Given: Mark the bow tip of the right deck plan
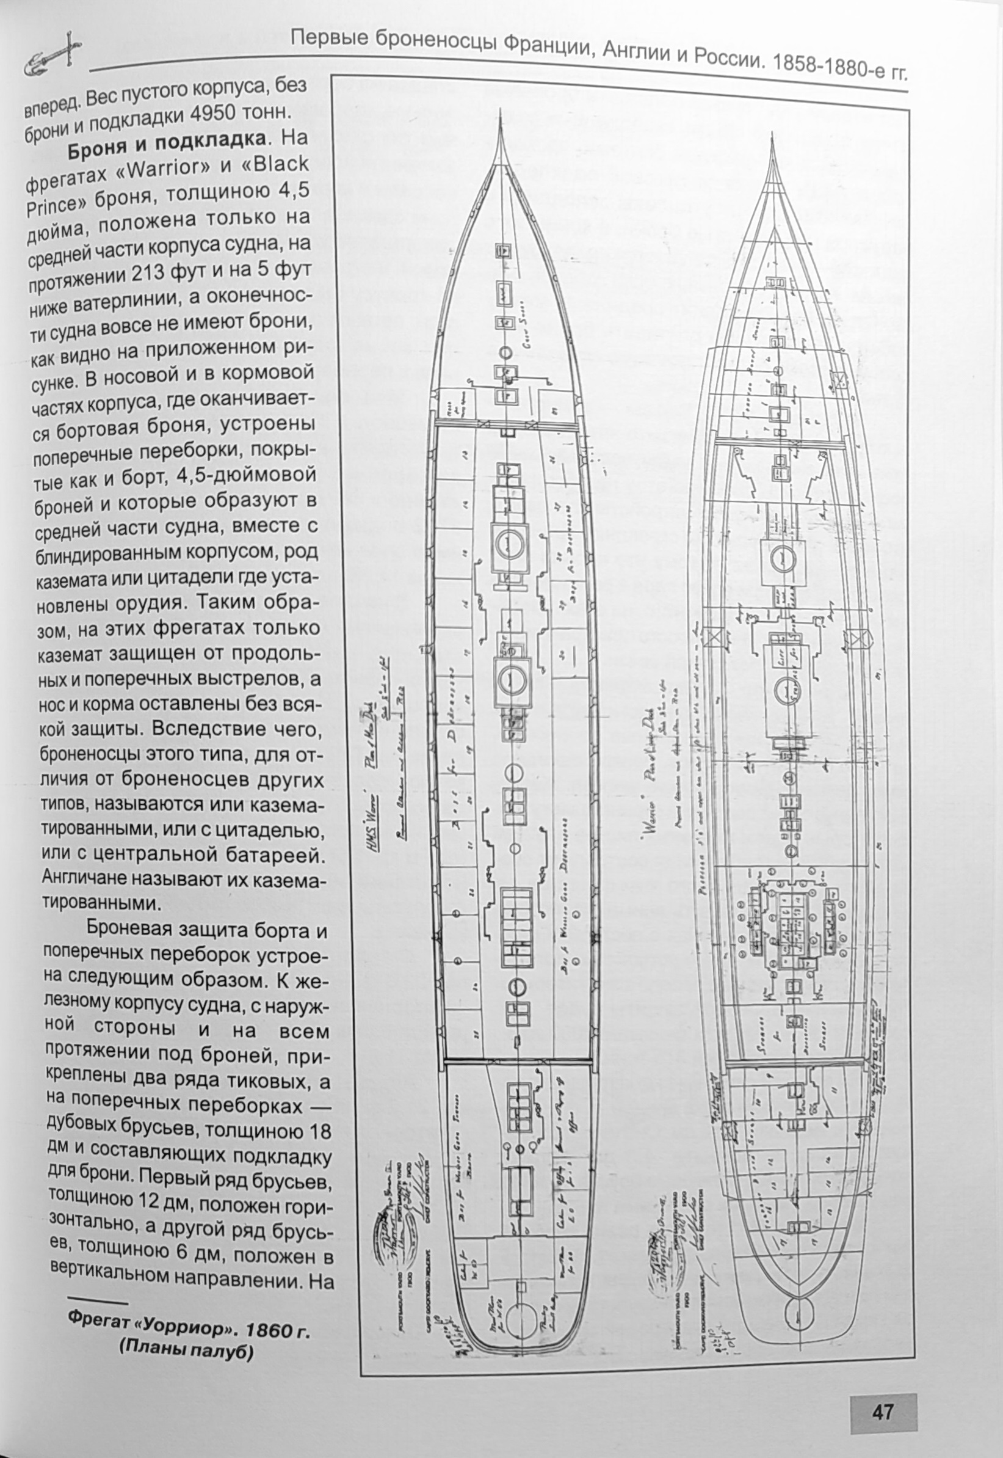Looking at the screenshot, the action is (x=773, y=136).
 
